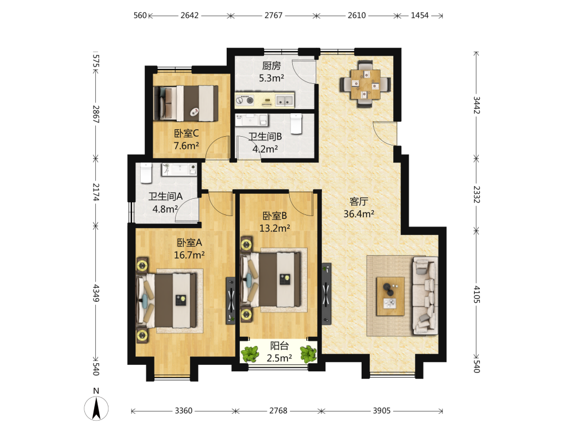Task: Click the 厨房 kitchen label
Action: click(x=272, y=66)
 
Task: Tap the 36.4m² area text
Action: click(x=359, y=214)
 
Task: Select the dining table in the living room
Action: click(x=365, y=84)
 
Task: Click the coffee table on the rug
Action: click(x=390, y=296)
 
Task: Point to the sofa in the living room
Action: click(x=425, y=296)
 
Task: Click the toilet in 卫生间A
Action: click(x=146, y=173)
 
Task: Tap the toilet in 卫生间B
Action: click(x=296, y=124)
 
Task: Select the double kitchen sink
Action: click(x=285, y=100)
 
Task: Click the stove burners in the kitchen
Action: click(x=245, y=99)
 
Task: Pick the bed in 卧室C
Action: click(x=185, y=103)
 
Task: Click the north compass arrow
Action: click(x=96, y=409)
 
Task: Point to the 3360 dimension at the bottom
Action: click(x=184, y=411)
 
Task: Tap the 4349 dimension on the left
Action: click(x=96, y=293)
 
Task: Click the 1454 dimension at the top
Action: click(x=420, y=16)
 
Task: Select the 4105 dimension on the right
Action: click(x=476, y=294)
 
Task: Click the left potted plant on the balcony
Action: click(x=250, y=354)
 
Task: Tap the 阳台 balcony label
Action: click(x=280, y=345)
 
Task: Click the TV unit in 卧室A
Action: click(x=231, y=300)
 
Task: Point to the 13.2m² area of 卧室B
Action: click(x=275, y=228)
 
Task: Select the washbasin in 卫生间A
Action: click(x=179, y=170)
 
